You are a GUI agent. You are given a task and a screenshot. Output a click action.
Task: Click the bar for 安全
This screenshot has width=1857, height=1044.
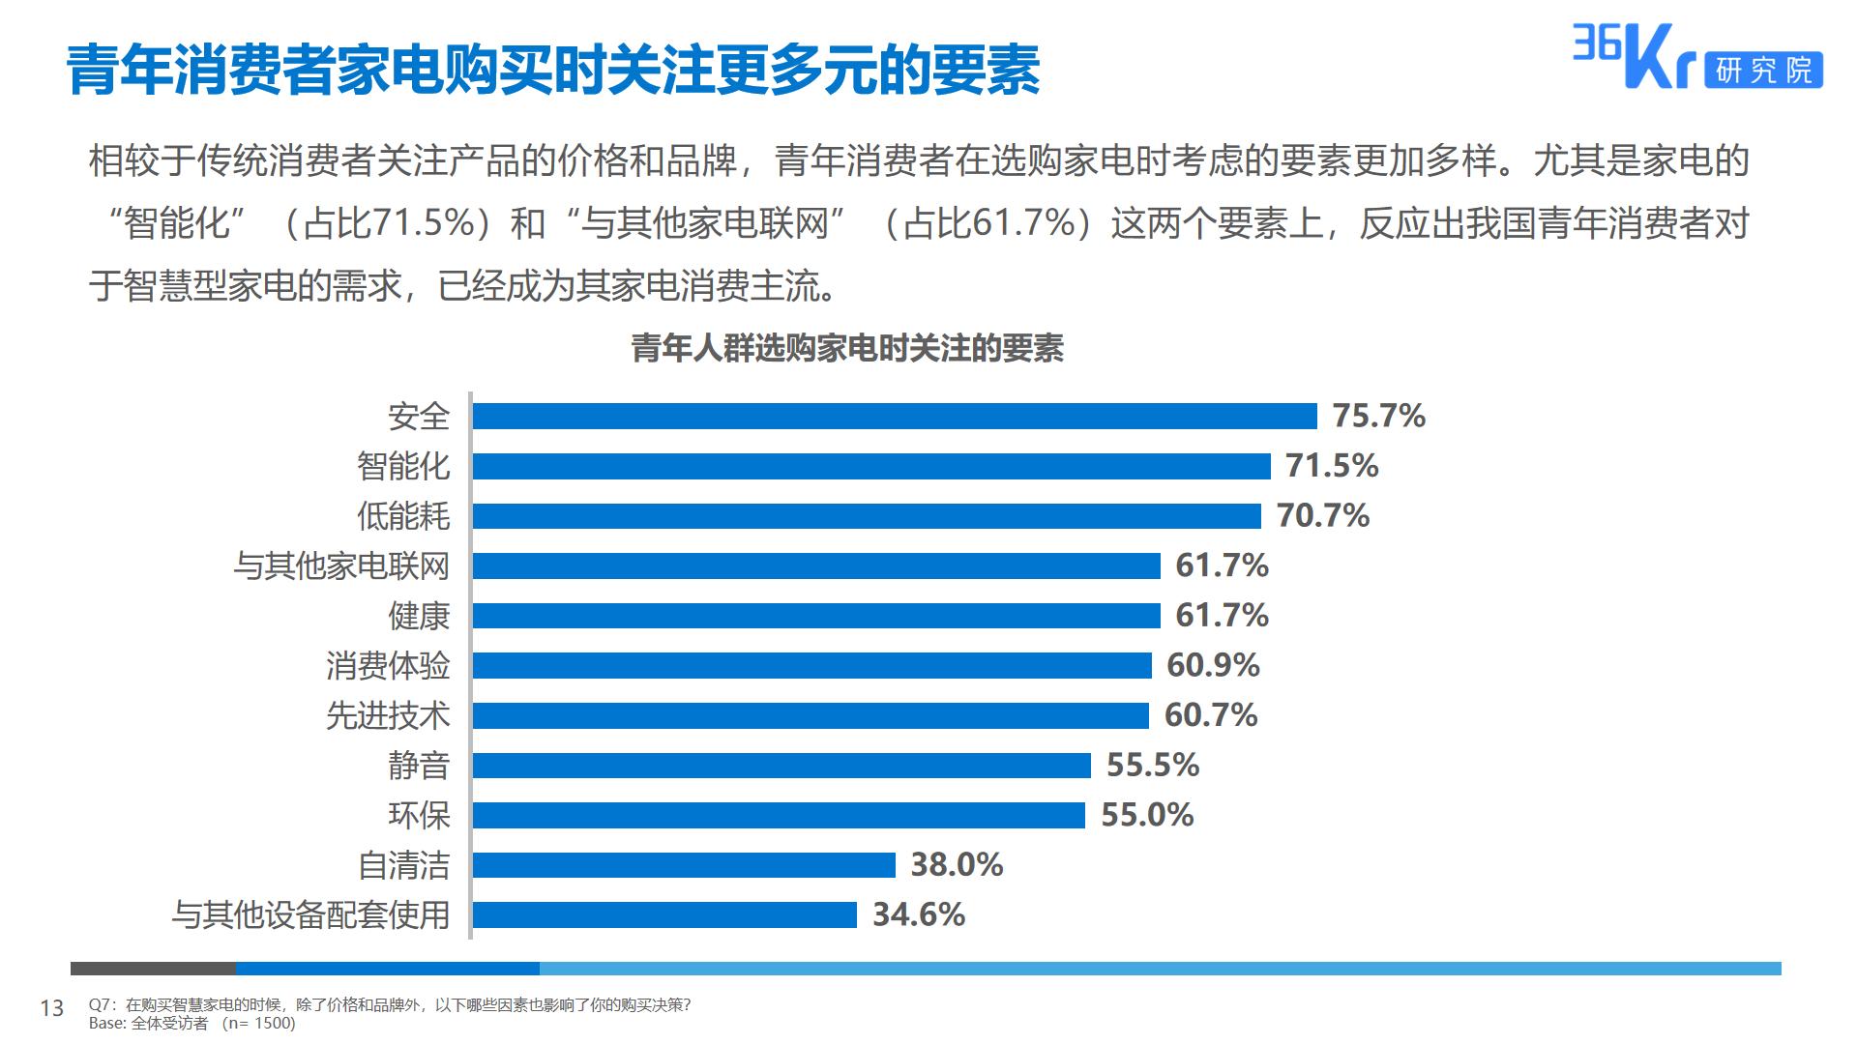coord(895,416)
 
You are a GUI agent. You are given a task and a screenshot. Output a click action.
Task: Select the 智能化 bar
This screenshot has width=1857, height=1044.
coord(871,466)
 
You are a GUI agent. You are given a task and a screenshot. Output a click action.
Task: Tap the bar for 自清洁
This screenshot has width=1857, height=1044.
coord(684,864)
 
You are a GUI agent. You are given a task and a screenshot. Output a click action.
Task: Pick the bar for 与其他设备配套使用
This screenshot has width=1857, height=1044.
coord(664,914)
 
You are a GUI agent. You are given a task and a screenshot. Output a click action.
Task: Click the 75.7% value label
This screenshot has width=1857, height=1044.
coord(1378,416)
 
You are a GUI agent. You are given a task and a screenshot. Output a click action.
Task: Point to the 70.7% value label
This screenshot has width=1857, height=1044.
coord(1322,515)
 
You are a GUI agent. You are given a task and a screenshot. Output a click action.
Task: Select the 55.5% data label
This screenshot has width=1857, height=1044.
coord(1152,765)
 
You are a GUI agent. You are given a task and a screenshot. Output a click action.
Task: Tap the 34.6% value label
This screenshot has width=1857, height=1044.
coord(918,914)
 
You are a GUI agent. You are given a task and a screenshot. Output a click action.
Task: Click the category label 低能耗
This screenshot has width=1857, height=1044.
coord(403,515)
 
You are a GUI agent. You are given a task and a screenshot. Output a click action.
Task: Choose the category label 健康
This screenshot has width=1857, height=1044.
coord(419,616)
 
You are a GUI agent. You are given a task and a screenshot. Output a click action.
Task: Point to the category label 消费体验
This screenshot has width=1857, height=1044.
coord(388,665)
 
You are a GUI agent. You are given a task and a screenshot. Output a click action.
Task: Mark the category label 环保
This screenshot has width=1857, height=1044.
coord(419,815)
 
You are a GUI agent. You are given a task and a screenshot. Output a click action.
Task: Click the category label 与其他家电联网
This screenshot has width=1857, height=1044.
coord(341,565)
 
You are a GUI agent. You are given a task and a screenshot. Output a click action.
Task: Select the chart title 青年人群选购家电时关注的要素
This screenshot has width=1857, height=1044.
coord(847,348)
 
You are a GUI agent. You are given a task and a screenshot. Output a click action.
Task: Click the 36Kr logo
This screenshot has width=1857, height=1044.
coord(1634,56)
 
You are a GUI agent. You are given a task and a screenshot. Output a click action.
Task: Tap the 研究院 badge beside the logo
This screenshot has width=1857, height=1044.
coord(1764,70)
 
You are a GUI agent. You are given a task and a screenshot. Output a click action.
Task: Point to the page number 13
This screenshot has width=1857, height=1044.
coord(51,1008)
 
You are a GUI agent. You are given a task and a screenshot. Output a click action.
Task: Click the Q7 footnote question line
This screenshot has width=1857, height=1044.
coord(389,1004)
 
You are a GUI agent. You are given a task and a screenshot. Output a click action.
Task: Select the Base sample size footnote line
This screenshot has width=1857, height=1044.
coord(192,1023)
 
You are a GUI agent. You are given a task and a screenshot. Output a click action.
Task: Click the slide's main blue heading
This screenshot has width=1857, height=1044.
coord(553,70)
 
